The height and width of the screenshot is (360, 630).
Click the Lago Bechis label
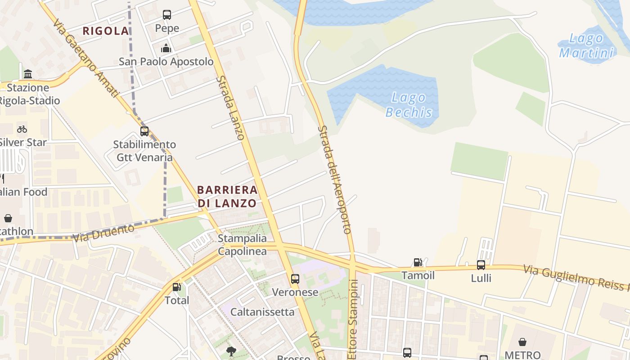[409, 104]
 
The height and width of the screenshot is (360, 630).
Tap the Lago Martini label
[586, 45]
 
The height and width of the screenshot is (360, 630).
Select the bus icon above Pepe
[167, 15]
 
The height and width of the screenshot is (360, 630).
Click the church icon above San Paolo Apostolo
[166, 48]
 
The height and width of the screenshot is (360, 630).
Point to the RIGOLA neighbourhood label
[106, 31]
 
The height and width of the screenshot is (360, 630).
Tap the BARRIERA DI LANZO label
[227, 196]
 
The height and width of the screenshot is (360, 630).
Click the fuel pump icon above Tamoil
[418, 262]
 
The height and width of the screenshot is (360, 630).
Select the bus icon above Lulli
[481, 265]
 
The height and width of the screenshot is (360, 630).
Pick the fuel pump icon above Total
[177, 287]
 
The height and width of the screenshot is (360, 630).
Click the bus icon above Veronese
[295, 279]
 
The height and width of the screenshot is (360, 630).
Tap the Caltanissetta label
[262, 312]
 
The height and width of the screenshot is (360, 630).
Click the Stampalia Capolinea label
[242, 245]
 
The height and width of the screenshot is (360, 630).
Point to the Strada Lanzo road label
[230, 108]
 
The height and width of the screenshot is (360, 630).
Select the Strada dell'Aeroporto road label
[334, 180]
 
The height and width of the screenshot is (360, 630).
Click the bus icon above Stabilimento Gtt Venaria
[144, 131]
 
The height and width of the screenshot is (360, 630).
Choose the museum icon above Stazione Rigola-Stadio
[28, 74]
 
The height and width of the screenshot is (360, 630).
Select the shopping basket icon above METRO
[522, 342]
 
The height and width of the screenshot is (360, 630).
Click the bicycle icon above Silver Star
[22, 129]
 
